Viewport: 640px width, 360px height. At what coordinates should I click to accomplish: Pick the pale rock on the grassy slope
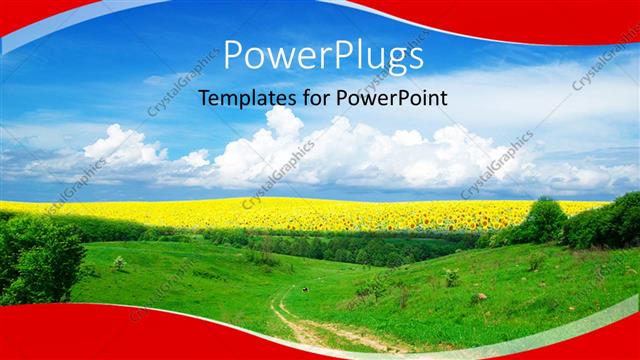point(481,297)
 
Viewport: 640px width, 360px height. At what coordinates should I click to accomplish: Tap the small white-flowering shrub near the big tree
point(119,263)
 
